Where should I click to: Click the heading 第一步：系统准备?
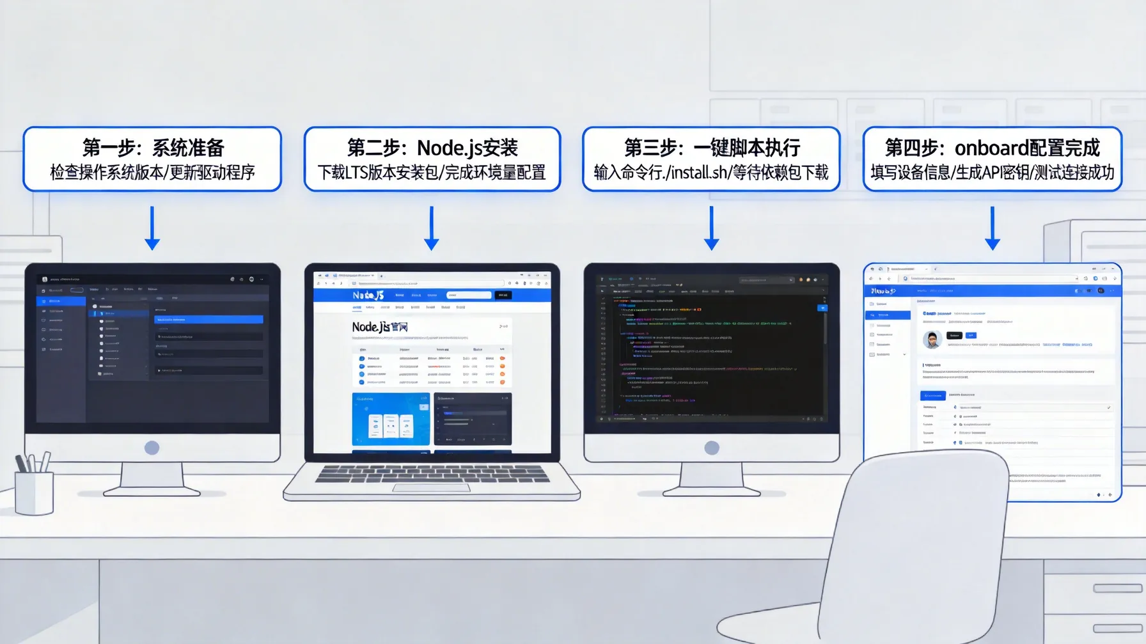153,148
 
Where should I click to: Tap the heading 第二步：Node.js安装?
432,148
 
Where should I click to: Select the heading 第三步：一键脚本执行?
711,148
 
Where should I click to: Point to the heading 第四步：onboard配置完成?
992,148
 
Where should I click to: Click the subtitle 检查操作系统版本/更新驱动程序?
153,173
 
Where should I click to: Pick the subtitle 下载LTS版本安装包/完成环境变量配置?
432,173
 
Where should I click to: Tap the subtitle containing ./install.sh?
711,173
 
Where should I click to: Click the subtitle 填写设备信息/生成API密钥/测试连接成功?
992,173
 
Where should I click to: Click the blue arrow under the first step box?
152,228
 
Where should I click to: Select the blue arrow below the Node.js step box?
432,228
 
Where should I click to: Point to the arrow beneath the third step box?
711,228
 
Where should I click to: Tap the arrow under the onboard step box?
992,228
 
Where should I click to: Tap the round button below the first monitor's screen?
152,448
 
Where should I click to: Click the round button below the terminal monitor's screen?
711,448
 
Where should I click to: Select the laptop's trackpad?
432,488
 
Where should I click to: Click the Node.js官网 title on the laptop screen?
380,327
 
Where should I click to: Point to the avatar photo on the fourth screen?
932,339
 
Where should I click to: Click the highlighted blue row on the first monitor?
208,319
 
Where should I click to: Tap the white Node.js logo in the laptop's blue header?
368,295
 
